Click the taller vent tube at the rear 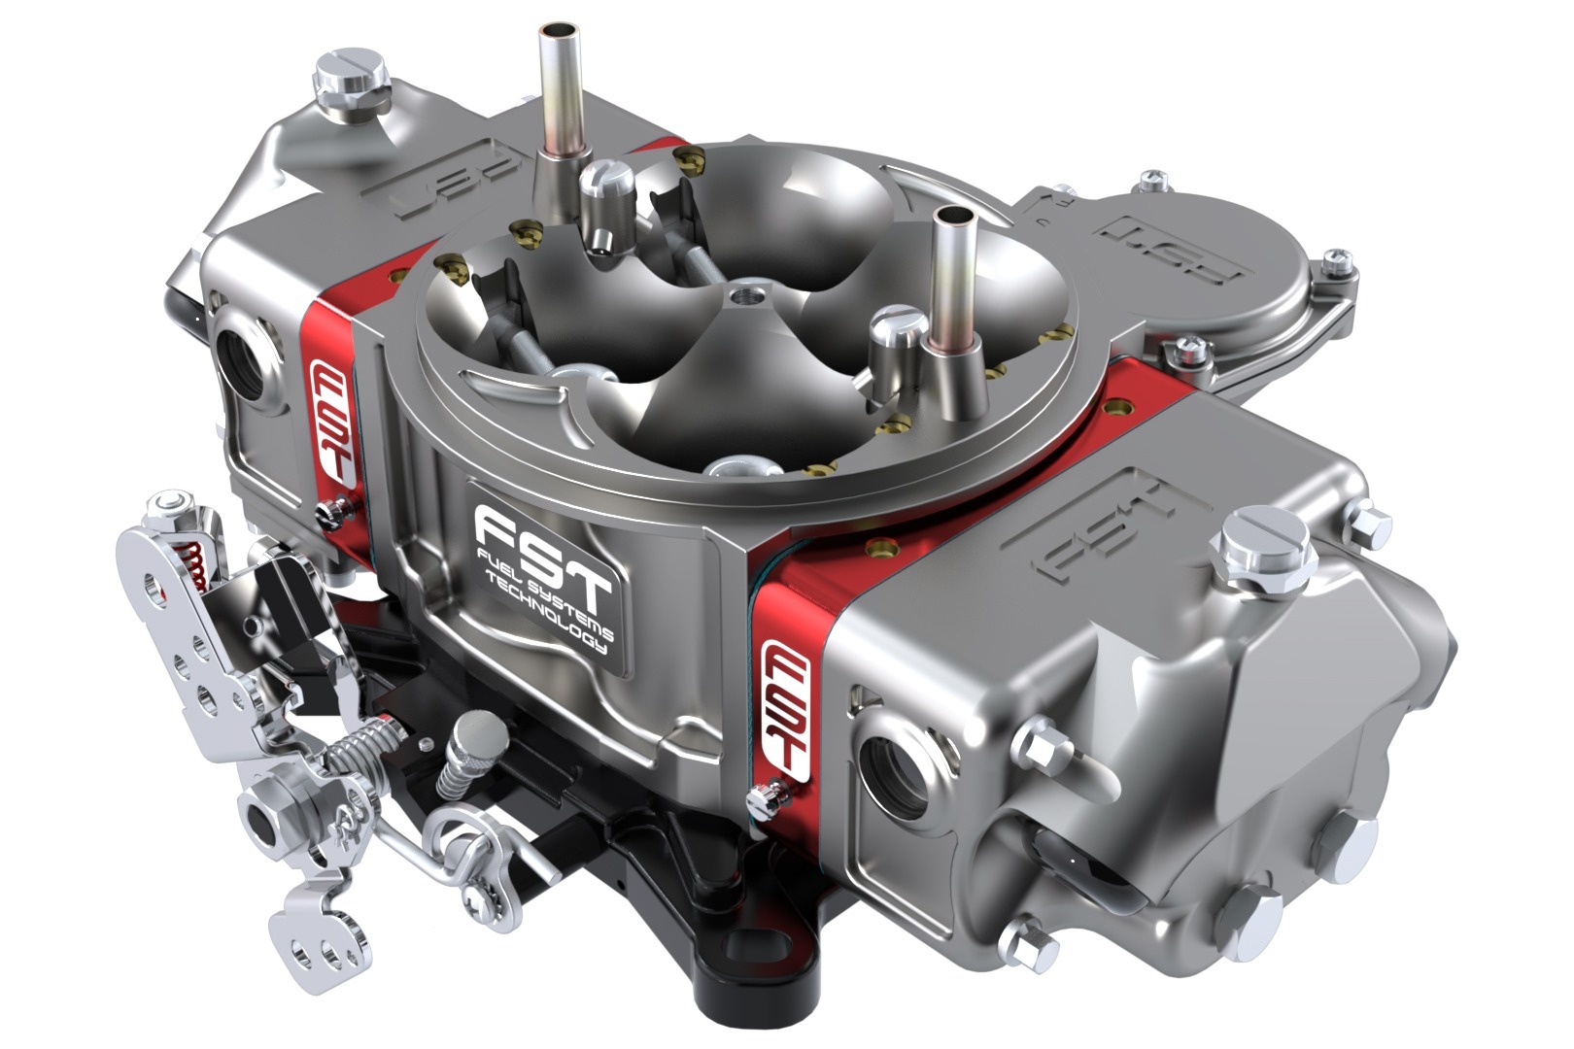(561, 87)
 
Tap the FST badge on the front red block (787, 706)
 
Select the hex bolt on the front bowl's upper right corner (1370, 525)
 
